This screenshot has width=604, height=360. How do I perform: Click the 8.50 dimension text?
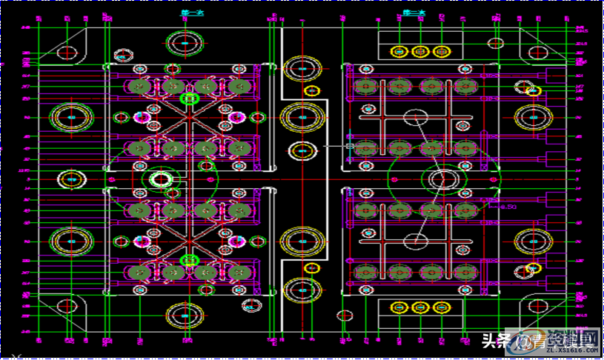point(506,207)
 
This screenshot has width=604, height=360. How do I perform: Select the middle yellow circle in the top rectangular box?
point(420,51)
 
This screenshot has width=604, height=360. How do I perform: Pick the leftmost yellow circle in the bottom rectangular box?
point(399,307)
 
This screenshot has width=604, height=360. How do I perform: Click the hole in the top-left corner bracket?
point(67,53)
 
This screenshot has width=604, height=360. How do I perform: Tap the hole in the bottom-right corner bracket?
point(537,307)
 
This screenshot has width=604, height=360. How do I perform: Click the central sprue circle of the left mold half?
point(160,179)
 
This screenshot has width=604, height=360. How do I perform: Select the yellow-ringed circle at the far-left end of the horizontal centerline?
point(71,179)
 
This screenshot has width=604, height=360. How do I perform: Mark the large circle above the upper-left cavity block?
point(185,42)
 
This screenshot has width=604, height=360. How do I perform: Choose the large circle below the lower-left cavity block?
point(185,316)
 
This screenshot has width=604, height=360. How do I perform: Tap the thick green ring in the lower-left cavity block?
point(190,259)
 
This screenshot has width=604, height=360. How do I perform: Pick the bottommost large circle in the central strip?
point(302,290)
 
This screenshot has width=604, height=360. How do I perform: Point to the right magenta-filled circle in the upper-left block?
point(236,117)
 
